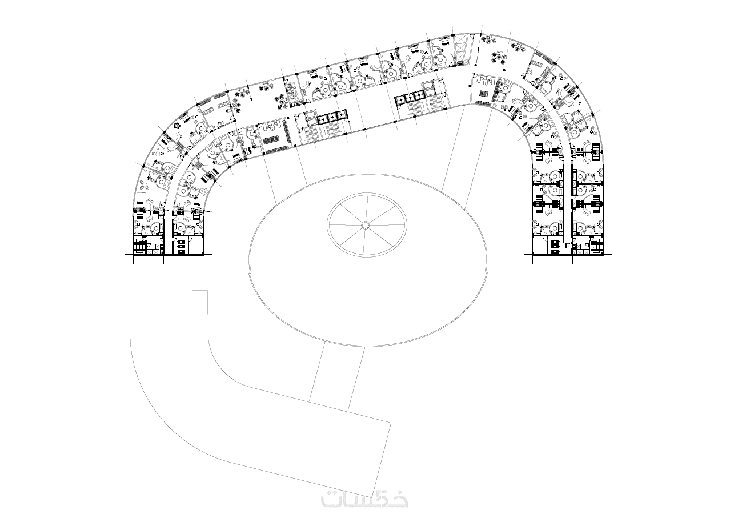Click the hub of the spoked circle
point(366,224)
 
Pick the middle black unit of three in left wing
point(182,247)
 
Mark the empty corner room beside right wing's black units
point(539,246)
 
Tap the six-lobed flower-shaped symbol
point(178,125)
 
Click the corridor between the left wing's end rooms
point(167,231)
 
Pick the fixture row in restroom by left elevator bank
point(272,140)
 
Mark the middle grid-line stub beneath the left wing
point(163,259)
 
